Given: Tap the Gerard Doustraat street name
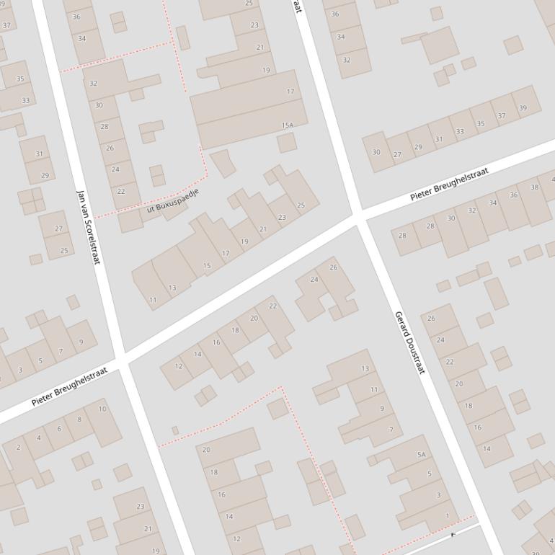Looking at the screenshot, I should point(409,342).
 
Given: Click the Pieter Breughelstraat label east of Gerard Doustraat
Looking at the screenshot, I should point(449,184).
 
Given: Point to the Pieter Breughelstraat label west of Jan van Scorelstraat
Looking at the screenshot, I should point(69,386).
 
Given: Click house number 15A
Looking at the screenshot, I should point(288,125).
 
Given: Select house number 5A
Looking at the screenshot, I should point(422,455).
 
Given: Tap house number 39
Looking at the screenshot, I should point(523,108).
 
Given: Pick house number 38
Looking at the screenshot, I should point(534,187).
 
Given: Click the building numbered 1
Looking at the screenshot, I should point(447,515).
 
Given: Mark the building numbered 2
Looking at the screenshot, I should point(19,447).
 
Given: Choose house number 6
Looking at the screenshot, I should point(59,428).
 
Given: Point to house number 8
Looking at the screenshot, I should point(79,419).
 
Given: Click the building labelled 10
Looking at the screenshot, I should point(102,409).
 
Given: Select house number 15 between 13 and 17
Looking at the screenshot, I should point(207,266).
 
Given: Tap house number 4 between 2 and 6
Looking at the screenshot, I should point(39,438).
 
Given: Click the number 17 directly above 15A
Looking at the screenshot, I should point(290,92).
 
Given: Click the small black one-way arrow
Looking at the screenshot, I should point(453,535).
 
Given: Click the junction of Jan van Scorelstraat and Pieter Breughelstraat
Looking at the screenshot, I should point(122,359).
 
